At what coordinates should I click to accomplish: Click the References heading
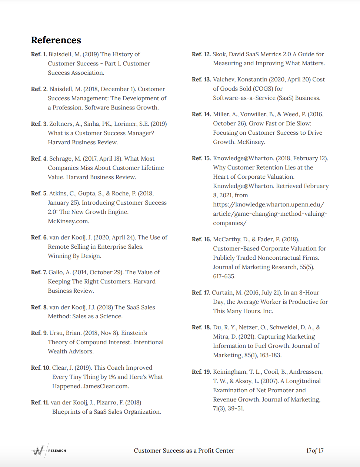point(56,40)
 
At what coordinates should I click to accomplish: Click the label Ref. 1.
point(39,54)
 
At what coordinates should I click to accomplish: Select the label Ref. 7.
point(39,272)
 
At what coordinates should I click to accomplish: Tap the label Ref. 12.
point(201,54)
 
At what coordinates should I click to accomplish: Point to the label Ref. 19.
point(201,372)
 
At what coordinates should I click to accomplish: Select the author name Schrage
point(61,159)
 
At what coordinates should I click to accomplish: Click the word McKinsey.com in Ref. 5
point(69,221)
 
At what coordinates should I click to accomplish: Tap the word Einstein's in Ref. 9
point(134,333)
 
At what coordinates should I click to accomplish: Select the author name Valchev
point(223,80)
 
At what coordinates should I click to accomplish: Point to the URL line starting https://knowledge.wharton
point(269,205)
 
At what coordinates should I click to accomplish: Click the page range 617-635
point(224,276)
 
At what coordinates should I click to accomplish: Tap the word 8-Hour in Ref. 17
point(309,293)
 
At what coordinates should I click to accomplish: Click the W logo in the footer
point(38,450)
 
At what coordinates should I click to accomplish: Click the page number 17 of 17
point(315,451)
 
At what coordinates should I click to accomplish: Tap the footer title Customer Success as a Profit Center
point(184,451)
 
